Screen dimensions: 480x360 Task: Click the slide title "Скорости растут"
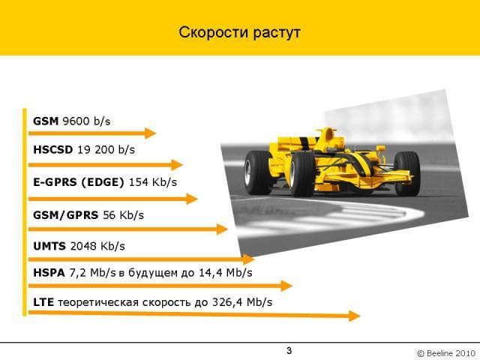(239, 32)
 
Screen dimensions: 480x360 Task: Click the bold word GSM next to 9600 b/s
(46, 121)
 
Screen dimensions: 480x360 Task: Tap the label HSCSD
(53, 149)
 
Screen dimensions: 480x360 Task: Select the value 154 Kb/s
(153, 181)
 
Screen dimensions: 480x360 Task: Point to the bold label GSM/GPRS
(66, 214)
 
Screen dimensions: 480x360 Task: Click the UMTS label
(49, 246)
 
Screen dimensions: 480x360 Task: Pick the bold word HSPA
(49, 272)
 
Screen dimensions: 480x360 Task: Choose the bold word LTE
(43, 301)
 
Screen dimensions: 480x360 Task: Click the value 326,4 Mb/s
(242, 302)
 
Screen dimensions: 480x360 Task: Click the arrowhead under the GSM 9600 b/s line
(150, 133)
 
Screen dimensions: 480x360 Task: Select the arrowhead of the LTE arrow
(355, 316)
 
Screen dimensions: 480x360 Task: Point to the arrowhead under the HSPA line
(286, 286)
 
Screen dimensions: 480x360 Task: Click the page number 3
(289, 350)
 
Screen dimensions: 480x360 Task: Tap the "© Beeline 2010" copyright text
(446, 353)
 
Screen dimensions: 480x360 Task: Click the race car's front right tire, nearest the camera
(301, 174)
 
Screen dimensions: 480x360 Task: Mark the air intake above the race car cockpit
(329, 133)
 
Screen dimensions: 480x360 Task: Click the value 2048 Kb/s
(97, 246)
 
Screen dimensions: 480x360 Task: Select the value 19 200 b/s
(106, 149)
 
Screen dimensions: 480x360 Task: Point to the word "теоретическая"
(98, 302)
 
